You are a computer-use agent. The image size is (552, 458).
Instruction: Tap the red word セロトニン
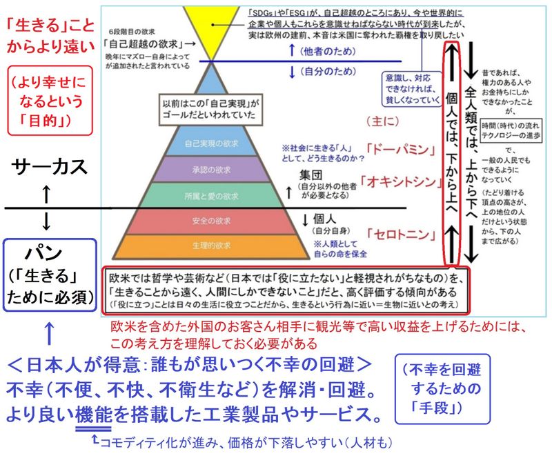pyautogui.click(x=398, y=234)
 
